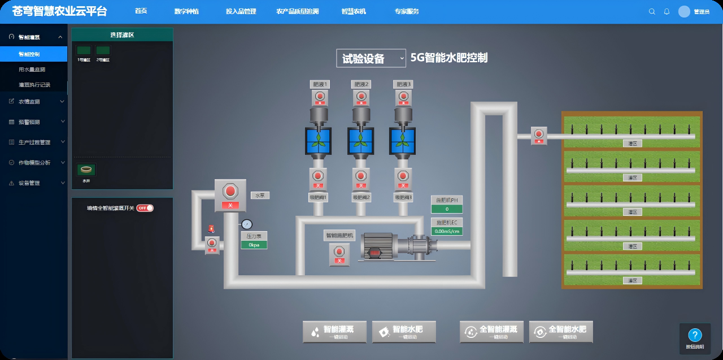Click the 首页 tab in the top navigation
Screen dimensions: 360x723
(141, 11)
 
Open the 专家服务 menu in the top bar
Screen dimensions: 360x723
(407, 11)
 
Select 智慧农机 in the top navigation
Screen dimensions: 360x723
(354, 11)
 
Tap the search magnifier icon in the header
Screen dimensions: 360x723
(652, 11)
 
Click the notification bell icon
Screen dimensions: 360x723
(667, 11)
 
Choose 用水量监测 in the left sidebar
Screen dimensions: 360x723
(32, 70)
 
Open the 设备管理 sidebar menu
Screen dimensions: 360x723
(29, 183)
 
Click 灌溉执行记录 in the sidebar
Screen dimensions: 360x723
(34, 85)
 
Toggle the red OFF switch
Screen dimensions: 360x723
(145, 208)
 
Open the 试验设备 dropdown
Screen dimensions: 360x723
(371, 58)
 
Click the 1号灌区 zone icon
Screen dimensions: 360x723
(84, 51)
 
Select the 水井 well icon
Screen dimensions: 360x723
(86, 170)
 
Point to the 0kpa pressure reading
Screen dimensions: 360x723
(254, 245)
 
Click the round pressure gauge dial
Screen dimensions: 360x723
(247, 224)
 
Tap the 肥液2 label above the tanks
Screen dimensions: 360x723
(361, 84)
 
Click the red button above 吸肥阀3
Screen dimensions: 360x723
(403, 175)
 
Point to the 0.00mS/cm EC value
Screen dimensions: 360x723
(446, 231)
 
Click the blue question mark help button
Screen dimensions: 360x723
(695, 335)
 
